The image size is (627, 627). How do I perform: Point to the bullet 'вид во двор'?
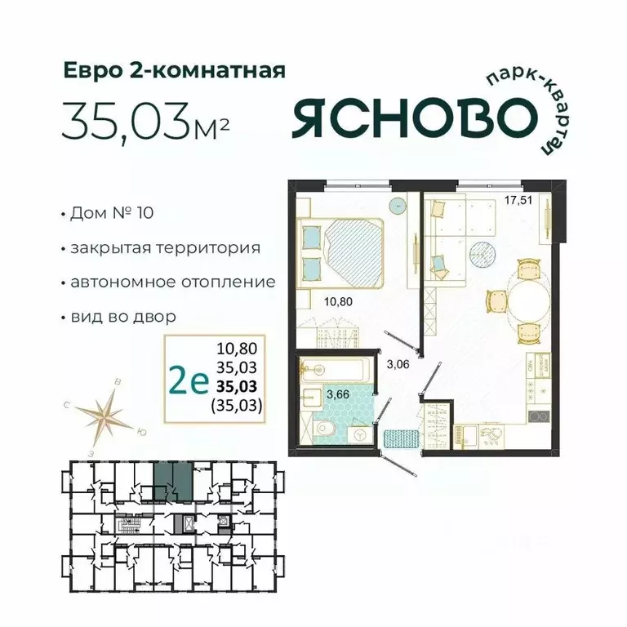tap(123, 315)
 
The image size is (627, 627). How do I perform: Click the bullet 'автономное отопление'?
tap(172, 282)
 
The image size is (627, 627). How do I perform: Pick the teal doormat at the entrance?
tap(402, 438)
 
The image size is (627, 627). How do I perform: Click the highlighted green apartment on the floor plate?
tap(174, 480)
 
